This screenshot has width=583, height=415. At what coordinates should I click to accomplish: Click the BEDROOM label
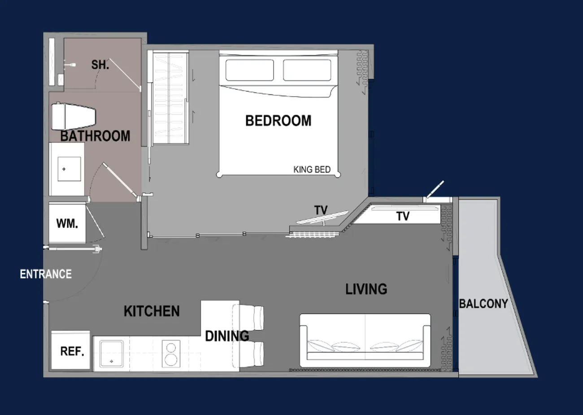pos(278,121)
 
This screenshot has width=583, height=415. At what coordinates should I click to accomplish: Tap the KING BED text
pos(312,170)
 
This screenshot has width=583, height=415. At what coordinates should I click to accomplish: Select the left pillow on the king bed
pos(250,70)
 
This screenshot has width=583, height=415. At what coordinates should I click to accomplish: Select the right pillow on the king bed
pos(307,70)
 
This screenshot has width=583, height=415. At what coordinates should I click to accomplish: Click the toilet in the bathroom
pos(74,116)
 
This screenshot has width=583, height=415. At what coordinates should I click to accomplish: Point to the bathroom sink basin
pos(69,169)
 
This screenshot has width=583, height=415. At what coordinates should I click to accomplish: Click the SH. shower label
pos(100,65)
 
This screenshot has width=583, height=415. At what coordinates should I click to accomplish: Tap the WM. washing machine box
pos(67,224)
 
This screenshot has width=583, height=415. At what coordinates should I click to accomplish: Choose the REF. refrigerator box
pos(71,350)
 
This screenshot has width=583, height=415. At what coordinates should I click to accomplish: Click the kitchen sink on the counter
pos(112,354)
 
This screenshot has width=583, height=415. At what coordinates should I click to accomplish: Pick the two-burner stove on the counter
pos(171,354)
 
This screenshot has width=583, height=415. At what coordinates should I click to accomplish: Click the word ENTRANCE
pos(46,274)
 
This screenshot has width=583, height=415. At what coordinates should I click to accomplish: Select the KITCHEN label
pos(152,311)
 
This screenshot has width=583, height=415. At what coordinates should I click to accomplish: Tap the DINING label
pos(227,336)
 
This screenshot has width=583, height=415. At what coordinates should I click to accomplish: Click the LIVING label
pos(366,289)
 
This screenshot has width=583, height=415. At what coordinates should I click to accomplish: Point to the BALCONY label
pos(483,304)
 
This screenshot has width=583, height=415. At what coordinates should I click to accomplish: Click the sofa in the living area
pos(365,340)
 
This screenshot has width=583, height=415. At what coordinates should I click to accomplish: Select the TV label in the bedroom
pos(321,210)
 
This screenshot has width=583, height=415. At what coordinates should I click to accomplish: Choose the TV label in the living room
pos(403,216)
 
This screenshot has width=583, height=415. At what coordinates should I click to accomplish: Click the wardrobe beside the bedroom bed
pos(170,98)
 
